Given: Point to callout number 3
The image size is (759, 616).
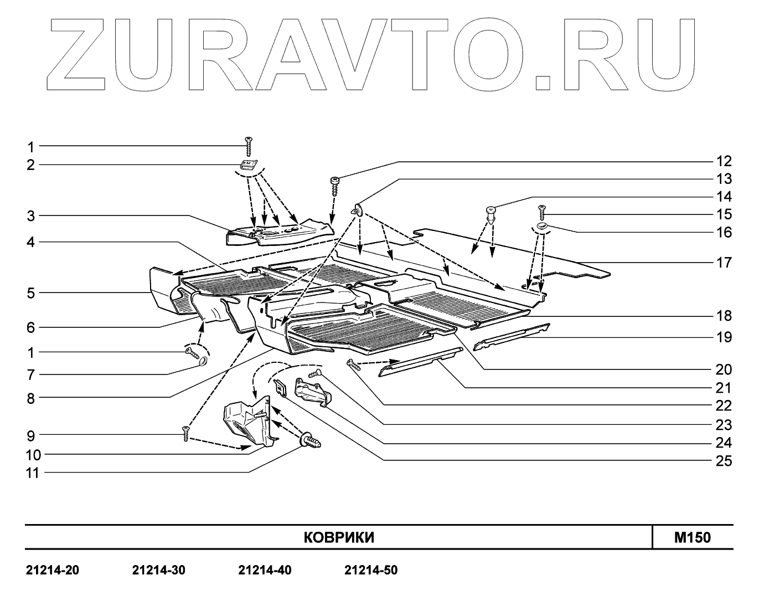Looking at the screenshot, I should (31, 215).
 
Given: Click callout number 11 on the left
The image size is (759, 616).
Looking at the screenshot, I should (33, 473).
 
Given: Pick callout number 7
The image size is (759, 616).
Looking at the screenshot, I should (31, 375).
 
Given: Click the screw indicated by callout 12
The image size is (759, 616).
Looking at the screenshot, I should (335, 184).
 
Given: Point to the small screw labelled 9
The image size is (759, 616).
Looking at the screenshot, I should (185, 433).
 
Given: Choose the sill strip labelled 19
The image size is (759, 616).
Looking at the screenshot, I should (512, 333).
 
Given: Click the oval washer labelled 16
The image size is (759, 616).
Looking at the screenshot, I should (541, 226).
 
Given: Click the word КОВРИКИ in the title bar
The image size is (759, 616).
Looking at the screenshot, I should (339, 537).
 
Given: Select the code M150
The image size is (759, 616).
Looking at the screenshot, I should (692, 537).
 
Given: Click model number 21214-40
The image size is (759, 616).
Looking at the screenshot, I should (265, 570).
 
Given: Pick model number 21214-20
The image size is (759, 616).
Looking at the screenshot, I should (53, 570).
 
